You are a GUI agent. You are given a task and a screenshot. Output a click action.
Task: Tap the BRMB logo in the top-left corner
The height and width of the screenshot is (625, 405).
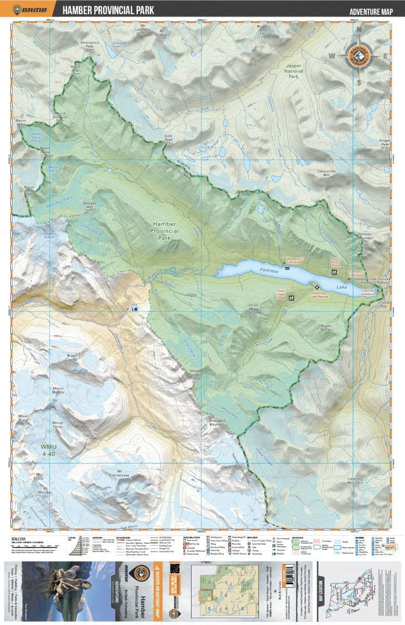coord(29,9)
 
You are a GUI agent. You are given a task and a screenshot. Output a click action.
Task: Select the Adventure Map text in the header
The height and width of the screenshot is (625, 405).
coord(370,11)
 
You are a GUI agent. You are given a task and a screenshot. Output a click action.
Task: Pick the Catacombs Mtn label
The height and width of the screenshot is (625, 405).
coord(326,172)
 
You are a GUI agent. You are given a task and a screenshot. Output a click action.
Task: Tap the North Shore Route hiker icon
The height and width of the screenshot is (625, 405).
coord(334,272)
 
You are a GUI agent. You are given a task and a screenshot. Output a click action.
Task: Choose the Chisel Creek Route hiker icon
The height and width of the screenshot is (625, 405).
coord(291,298)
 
